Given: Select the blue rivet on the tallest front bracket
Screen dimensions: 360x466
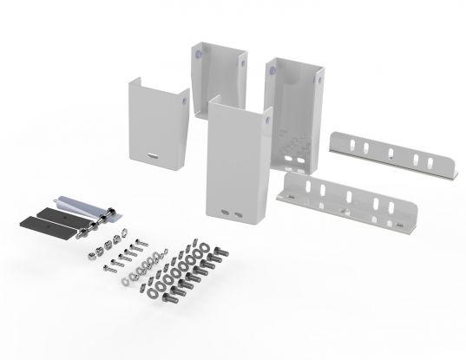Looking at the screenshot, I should click(268, 113).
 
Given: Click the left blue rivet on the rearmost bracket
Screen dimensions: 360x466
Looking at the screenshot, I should click(200, 54).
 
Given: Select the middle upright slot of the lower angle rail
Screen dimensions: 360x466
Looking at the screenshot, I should click(346, 196).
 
